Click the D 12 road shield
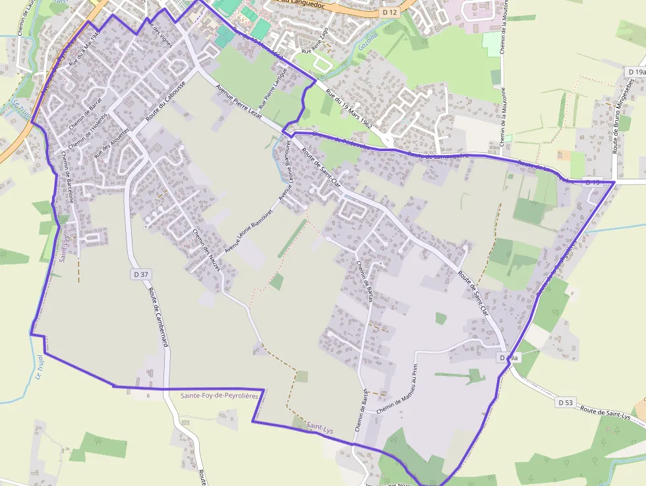(390, 12)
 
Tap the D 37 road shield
(140, 274)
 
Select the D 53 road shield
(565, 402)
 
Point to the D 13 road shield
(593, 183)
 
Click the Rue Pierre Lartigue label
(274, 88)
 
